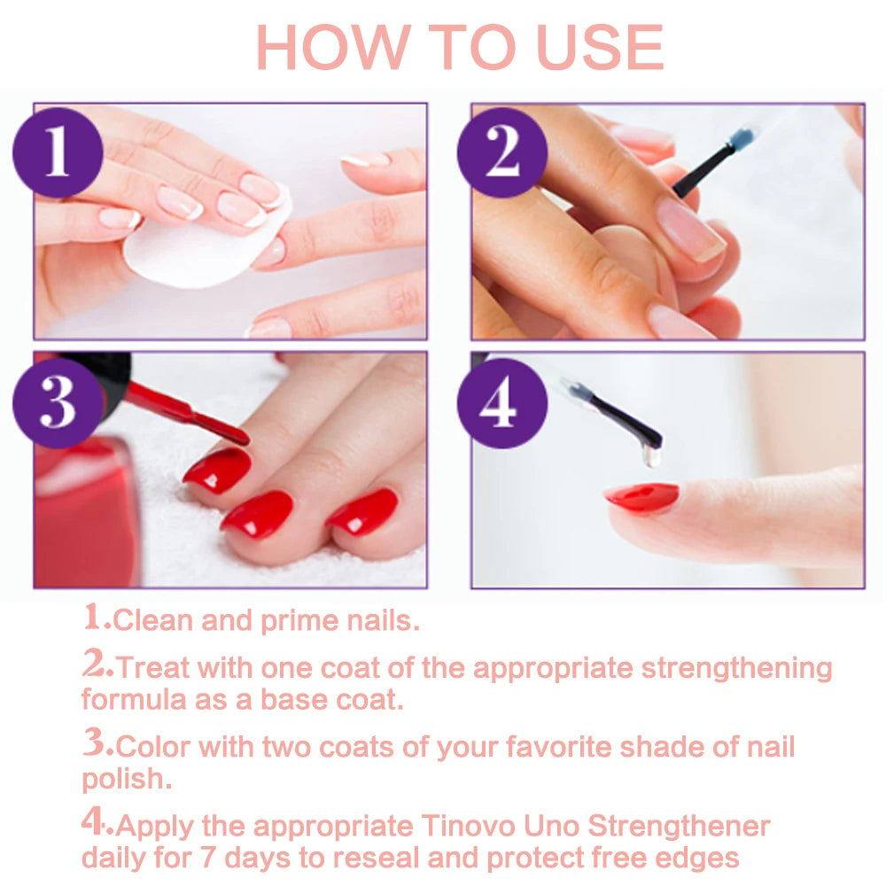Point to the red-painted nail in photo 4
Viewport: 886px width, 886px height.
[x=641, y=497]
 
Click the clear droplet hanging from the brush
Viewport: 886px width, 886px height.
[x=652, y=457]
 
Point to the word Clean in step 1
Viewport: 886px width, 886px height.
[x=154, y=620]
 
